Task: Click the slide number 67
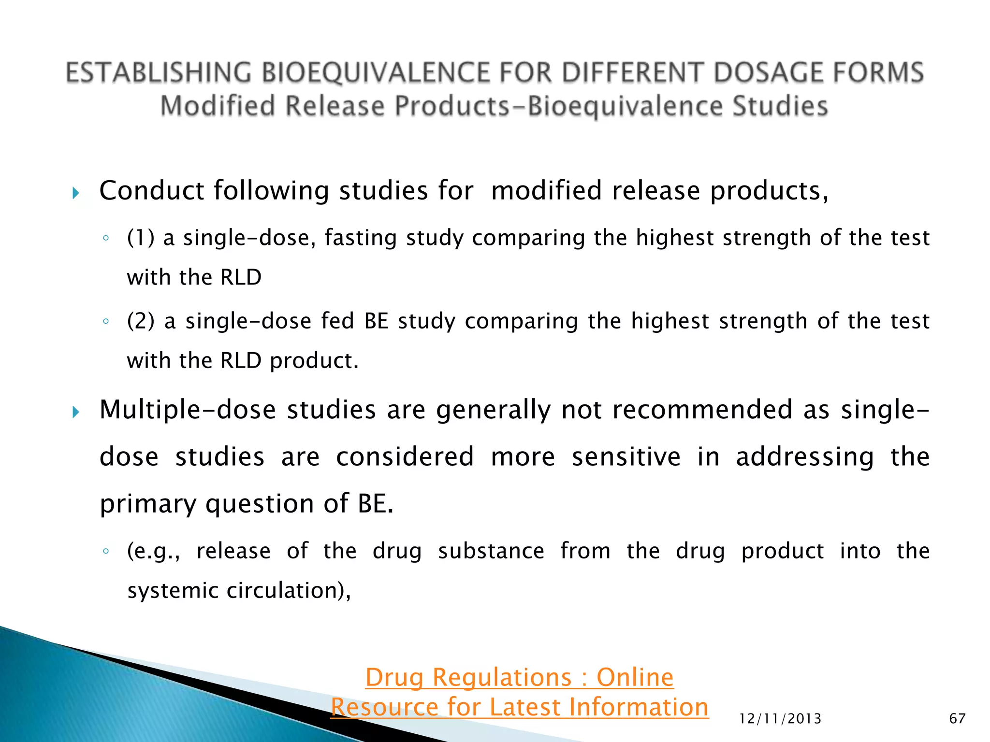[957, 719]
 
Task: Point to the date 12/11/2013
[780, 719]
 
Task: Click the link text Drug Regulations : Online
[519, 677]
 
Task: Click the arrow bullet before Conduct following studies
[76, 194]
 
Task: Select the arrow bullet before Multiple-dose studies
[76, 412]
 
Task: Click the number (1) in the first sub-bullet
[141, 238]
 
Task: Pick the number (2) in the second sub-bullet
[141, 321]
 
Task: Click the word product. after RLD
[314, 361]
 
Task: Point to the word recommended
[701, 410]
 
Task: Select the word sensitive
[626, 457]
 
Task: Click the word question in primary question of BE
[260, 504]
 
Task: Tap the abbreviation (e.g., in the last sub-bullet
[154, 551]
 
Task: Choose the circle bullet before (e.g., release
[106, 551]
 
